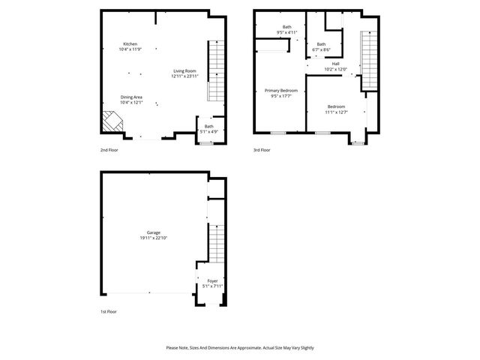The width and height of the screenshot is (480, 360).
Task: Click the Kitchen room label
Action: point(130,44)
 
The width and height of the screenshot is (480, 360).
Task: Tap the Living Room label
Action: point(184,71)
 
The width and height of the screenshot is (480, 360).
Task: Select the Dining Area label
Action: point(131,97)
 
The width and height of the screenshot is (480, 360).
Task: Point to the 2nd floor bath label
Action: point(209,127)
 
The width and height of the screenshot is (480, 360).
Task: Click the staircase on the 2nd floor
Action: point(215,70)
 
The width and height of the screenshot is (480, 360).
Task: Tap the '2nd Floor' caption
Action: point(109,150)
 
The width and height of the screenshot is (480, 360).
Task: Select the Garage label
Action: point(154,232)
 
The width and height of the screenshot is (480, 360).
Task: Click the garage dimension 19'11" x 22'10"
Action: point(154,238)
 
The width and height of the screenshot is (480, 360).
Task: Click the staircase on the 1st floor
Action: point(215,243)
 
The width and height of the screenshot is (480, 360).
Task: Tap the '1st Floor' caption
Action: point(109,311)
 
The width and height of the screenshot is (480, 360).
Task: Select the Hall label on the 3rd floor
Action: point(336,64)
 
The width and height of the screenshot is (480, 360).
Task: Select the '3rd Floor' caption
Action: point(262,150)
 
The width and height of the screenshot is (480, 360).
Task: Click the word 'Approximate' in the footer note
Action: point(247,348)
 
